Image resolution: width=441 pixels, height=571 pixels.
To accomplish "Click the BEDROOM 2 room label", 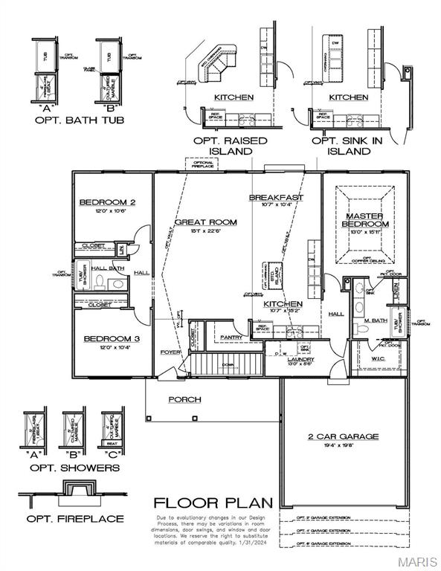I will pyautogui.click(x=107, y=201).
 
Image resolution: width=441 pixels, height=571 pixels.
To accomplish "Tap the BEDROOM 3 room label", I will pyautogui.click(x=112, y=339).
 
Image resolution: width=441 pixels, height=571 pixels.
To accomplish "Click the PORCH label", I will pyautogui.click(x=184, y=399).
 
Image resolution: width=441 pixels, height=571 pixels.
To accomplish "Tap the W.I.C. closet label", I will pyautogui.click(x=378, y=358).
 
